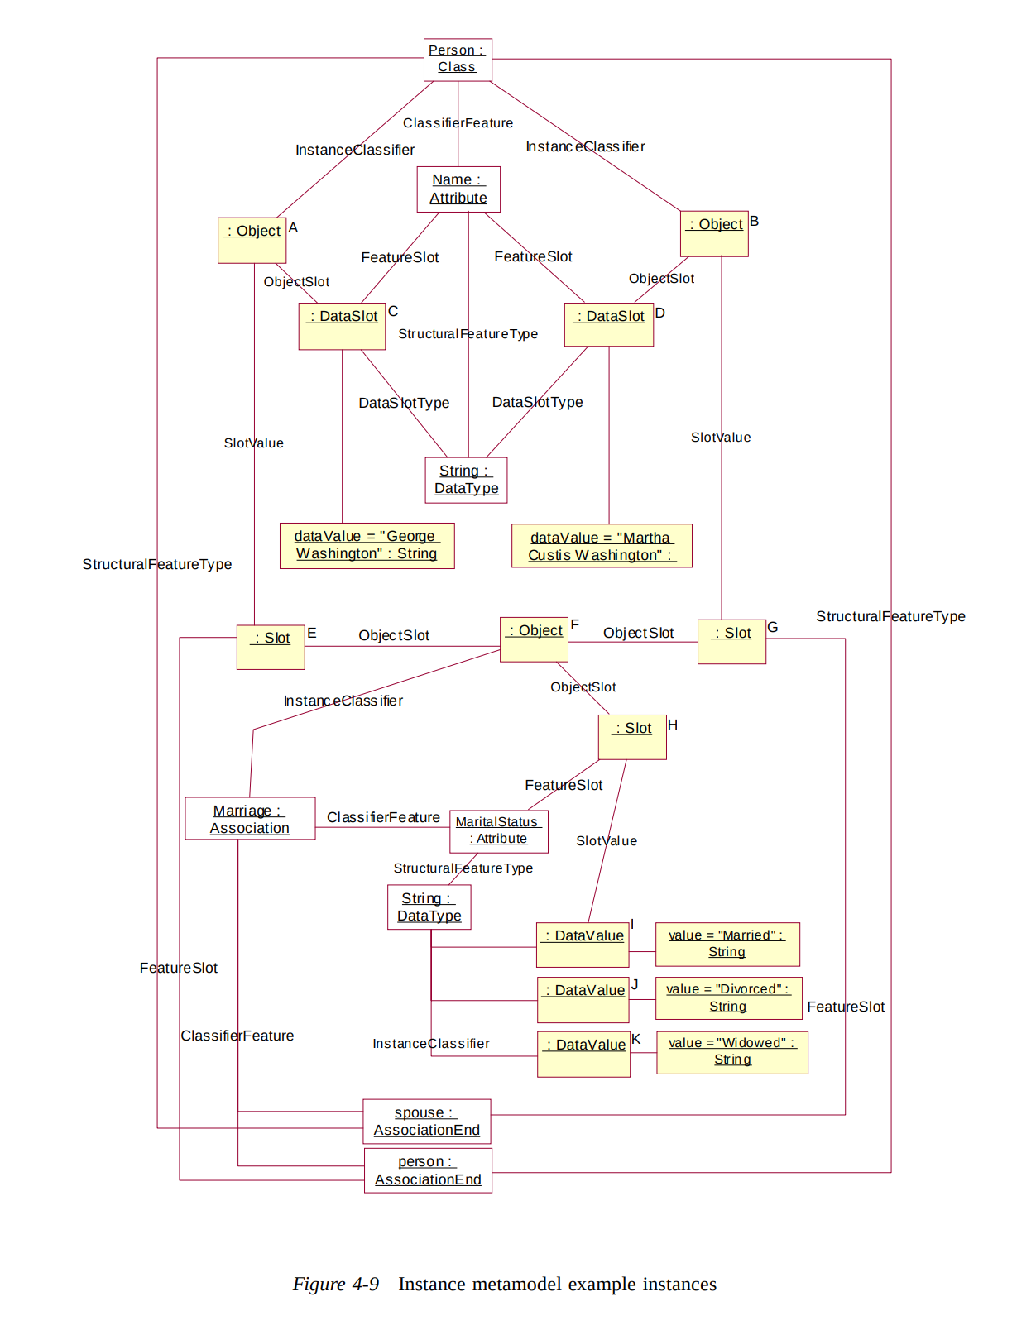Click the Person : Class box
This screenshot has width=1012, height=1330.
(x=458, y=60)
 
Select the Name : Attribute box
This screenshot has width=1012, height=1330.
(x=458, y=189)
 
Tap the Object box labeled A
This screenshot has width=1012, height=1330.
(x=252, y=241)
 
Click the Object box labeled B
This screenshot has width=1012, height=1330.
(x=714, y=234)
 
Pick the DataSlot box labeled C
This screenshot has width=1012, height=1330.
(x=342, y=326)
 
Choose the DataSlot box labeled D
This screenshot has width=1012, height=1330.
(x=608, y=324)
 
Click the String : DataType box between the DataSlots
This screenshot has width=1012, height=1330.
(x=466, y=480)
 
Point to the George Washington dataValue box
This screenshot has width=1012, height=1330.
(x=367, y=546)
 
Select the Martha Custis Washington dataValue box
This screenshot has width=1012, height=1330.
(x=602, y=546)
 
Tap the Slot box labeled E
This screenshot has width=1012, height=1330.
(x=271, y=647)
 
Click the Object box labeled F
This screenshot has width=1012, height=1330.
(x=534, y=639)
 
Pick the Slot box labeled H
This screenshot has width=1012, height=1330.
(x=632, y=737)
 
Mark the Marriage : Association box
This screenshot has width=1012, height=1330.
(x=250, y=819)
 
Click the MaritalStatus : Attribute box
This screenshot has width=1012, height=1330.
(x=498, y=830)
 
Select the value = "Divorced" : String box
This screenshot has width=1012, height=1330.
(x=728, y=998)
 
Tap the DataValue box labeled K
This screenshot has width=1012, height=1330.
(x=583, y=1054)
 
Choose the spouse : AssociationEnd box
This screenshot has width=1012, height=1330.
(x=426, y=1122)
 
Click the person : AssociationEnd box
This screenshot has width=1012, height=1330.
(x=428, y=1170)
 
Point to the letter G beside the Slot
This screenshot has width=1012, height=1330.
(x=773, y=627)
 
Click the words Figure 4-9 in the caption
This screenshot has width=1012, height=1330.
(x=335, y=1284)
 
